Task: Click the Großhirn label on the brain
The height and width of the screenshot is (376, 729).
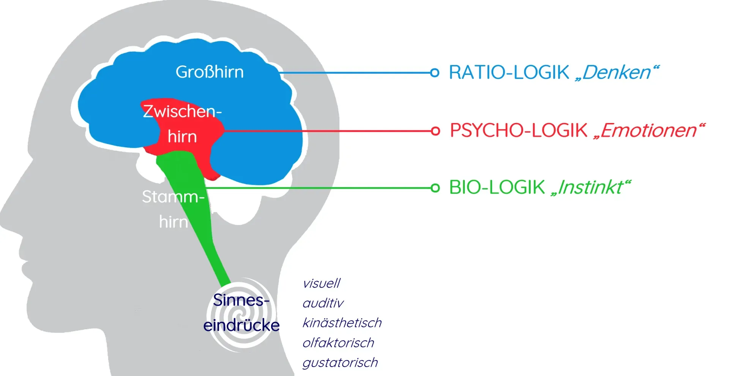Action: tap(210, 72)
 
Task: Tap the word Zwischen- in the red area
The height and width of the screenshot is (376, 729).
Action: tap(182, 111)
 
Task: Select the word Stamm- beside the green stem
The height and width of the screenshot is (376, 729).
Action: tap(173, 197)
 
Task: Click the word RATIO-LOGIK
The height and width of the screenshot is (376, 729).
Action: tap(509, 72)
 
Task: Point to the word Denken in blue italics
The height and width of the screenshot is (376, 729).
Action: tap(617, 72)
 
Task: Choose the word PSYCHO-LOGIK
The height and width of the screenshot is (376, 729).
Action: tap(518, 130)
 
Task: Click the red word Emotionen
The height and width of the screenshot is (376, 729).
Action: tap(649, 130)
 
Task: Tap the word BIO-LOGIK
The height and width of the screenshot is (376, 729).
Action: tap(497, 187)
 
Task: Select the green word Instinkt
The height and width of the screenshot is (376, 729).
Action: tap(590, 187)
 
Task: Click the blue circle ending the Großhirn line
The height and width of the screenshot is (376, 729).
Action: tap(435, 73)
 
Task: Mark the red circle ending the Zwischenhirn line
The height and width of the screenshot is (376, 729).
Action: tap(436, 131)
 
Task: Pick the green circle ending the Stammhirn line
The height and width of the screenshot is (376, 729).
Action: tap(435, 188)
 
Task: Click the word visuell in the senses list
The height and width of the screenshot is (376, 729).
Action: tap(321, 283)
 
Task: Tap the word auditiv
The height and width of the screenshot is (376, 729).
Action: tap(323, 303)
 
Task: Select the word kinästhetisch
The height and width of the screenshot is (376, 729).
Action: tap(342, 323)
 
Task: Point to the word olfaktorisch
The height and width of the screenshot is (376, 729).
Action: tap(338, 343)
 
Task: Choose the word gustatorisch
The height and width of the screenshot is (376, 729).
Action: tap(340, 363)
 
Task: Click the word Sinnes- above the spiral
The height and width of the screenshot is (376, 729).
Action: tap(241, 300)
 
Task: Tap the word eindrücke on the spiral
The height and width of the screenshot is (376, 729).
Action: tap(241, 325)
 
